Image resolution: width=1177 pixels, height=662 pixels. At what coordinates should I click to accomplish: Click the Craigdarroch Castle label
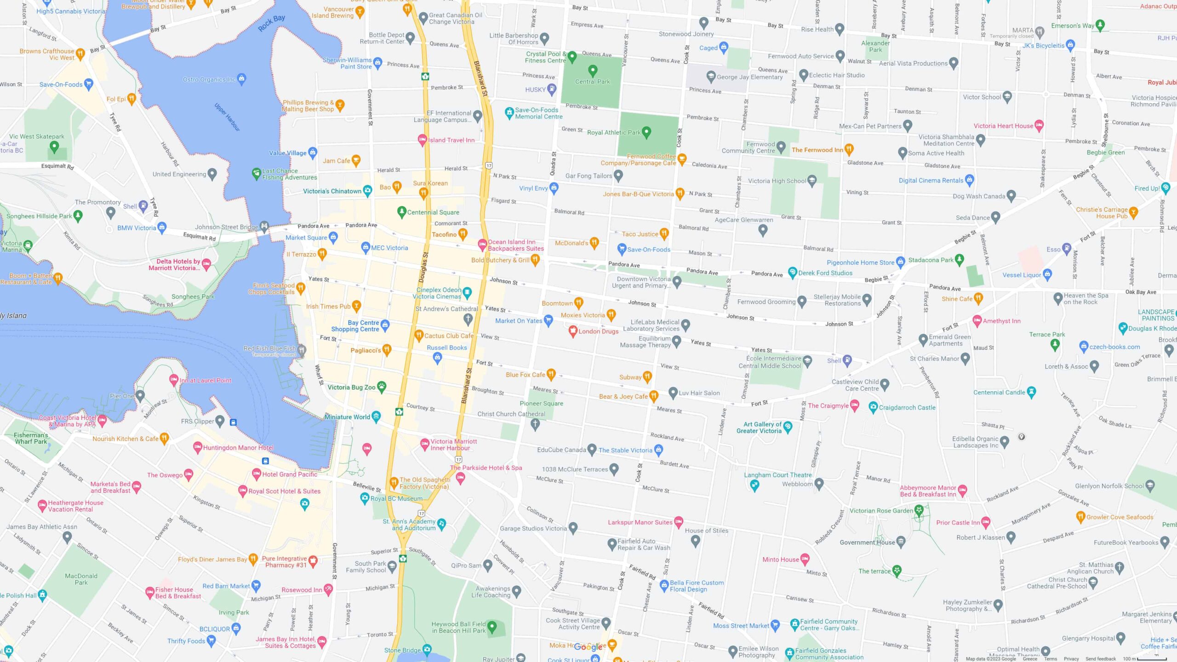click(907, 407)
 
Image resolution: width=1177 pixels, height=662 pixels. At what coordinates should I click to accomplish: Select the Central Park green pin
click(593, 70)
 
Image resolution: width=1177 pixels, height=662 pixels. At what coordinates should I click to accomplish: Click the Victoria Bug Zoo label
click(351, 388)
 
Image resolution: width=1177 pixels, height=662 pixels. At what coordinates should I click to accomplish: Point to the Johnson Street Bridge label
click(226, 227)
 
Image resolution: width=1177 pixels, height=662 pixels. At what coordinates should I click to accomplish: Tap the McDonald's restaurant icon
click(594, 242)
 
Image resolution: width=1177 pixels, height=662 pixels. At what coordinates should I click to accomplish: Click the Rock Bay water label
click(271, 23)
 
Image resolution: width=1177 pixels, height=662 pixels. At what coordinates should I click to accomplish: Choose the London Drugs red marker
click(573, 331)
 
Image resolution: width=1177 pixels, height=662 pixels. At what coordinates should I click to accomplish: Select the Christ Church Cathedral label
click(511, 414)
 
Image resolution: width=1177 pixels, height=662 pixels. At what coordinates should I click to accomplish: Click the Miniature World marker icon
click(376, 417)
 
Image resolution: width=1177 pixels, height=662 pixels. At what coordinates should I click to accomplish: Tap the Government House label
click(867, 542)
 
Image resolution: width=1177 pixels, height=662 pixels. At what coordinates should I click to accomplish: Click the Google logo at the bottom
click(588, 647)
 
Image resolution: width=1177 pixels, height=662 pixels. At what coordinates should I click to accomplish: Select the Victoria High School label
click(777, 181)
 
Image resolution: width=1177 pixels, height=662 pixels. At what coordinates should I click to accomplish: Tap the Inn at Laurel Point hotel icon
click(174, 380)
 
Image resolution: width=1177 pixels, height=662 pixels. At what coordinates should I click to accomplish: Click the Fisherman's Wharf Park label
click(31, 438)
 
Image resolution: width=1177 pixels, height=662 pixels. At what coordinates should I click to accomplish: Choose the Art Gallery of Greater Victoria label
click(759, 428)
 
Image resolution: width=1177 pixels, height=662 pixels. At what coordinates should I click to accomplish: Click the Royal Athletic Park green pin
click(646, 132)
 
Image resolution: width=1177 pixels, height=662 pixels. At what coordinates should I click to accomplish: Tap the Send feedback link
click(1100, 659)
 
